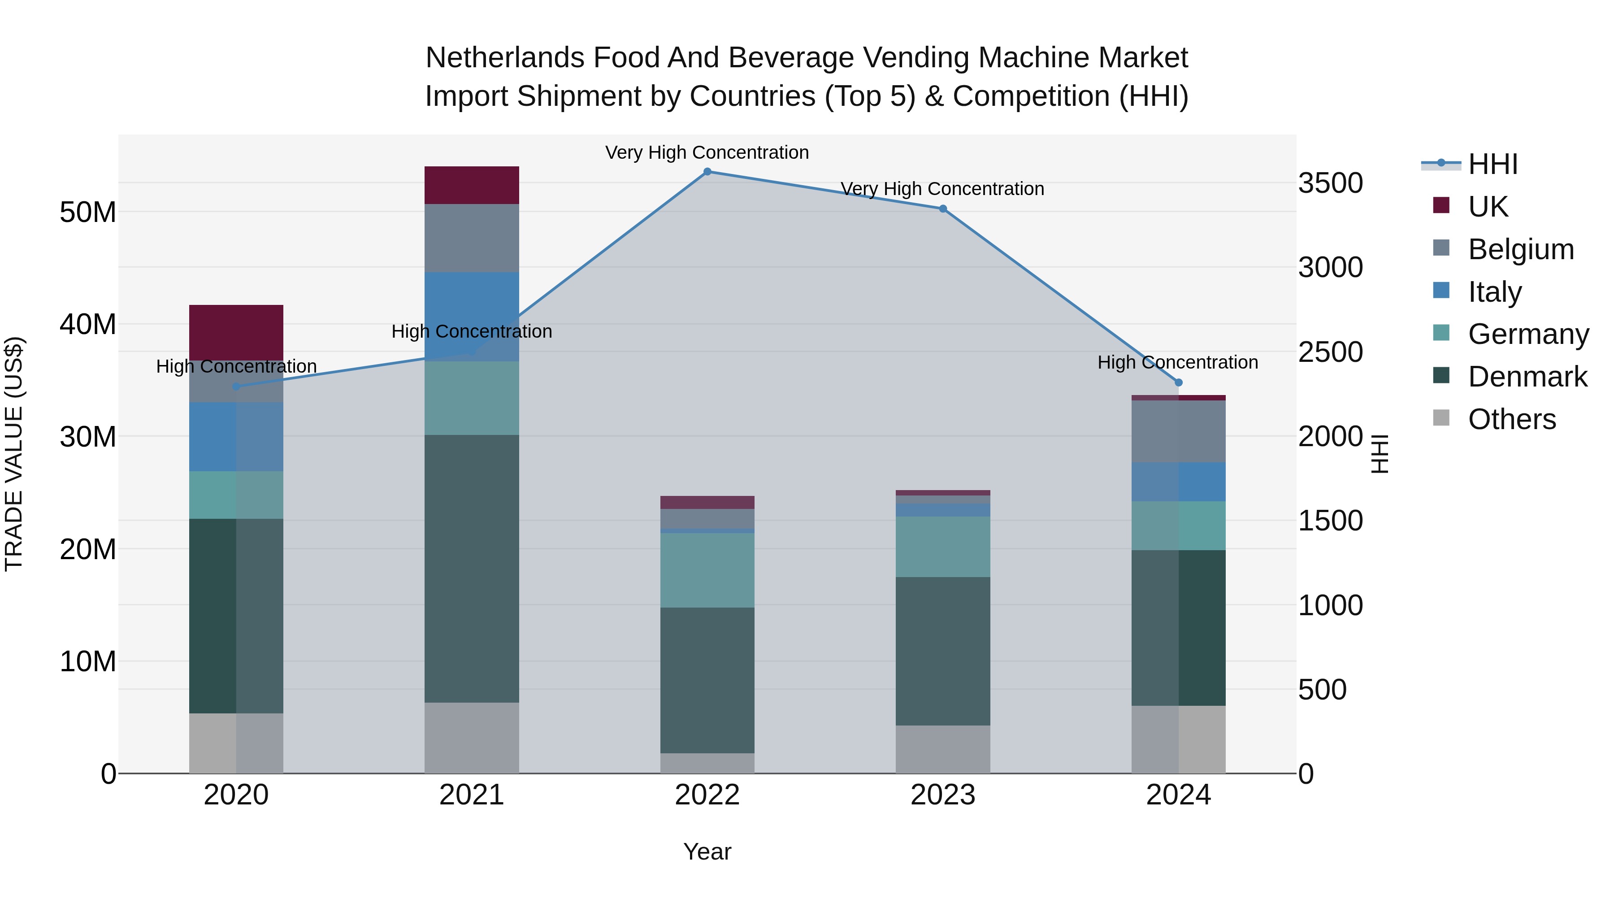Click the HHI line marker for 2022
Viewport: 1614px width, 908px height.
coord(707,172)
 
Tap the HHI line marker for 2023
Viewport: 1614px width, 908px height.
coord(943,209)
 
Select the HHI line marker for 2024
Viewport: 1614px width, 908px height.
coord(1179,382)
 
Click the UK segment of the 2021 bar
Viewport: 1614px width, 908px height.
coord(472,186)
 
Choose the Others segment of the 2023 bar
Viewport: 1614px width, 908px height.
coord(943,749)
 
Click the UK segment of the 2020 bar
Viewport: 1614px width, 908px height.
coord(236,332)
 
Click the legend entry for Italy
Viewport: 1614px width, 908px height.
coord(1494,292)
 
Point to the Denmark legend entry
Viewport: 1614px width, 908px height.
coord(1527,377)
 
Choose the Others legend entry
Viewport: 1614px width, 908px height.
coord(1511,419)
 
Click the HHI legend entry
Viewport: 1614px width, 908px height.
coord(1493,164)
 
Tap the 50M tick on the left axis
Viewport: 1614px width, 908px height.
coord(88,213)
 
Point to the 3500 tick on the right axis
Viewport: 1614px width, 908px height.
coord(1330,183)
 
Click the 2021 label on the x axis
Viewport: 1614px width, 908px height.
coord(472,795)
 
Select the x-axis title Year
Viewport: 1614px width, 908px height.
coord(707,852)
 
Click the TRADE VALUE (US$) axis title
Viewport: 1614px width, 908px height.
coord(14,454)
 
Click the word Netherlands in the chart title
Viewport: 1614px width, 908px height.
coord(505,58)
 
